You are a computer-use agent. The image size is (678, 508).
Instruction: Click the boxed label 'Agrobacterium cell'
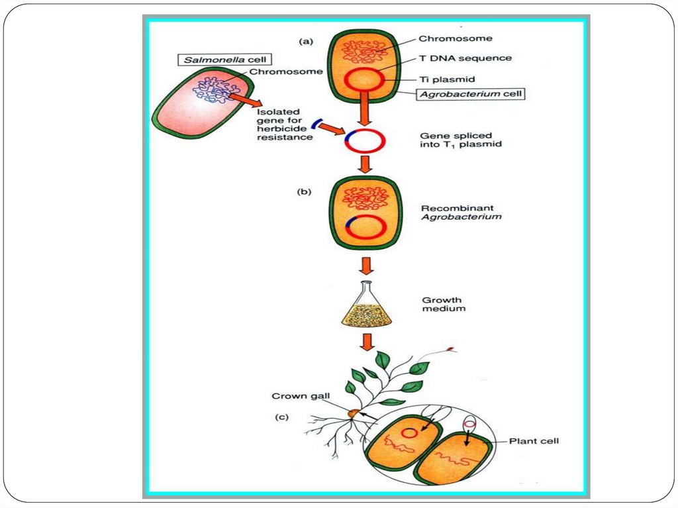[x=471, y=94]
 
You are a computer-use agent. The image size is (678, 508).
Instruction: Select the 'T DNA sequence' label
[x=465, y=58]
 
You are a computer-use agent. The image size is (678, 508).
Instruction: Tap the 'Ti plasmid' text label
[x=447, y=79]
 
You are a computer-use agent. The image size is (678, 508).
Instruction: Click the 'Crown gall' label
[x=296, y=397]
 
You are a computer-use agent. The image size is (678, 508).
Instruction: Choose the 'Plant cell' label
[x=534, y=440]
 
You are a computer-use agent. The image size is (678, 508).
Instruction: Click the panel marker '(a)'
[x=306, y=41]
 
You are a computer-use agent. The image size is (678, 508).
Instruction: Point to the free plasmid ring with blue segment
[x=363, y=141]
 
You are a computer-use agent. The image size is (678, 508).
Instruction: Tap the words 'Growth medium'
[x=442, y=304]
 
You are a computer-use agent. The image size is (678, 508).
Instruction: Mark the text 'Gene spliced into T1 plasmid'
[x=456, y=140]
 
